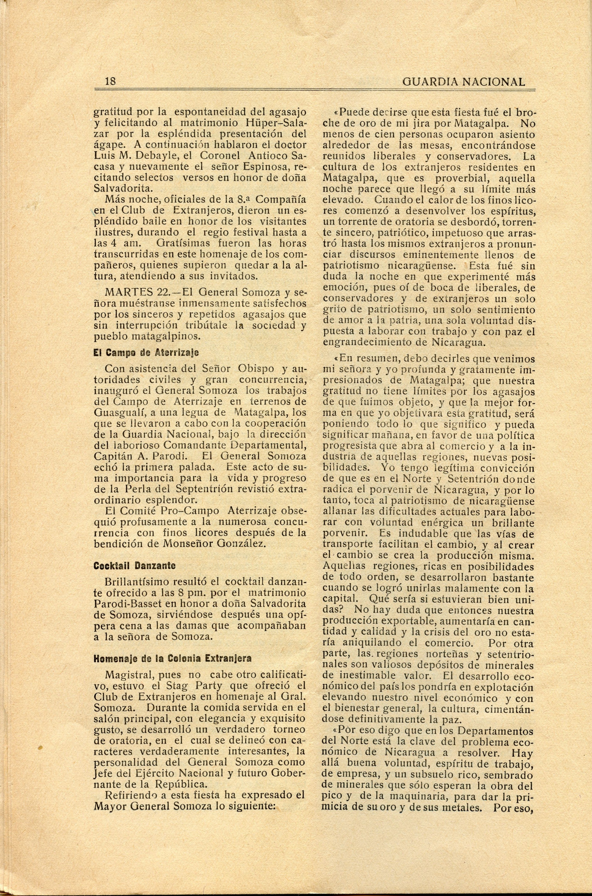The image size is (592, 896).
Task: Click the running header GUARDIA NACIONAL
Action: [x=464, y=82]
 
